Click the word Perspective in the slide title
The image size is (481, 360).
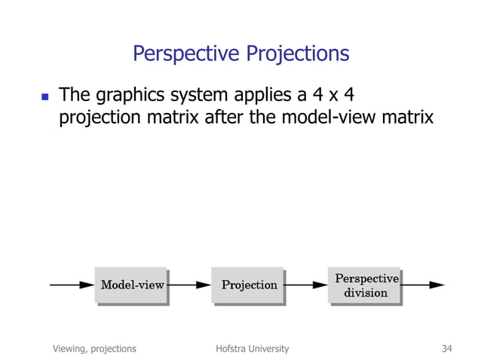coord(181,54)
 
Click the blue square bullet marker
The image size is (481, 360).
coord(43,96)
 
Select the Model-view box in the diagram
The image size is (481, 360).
coord(131,285)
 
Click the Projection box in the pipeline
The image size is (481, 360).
coord(248,285)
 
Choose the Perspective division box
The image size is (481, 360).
coord(365,285)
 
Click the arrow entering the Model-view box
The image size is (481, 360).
coord(72,285)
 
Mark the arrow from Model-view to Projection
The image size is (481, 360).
coord(189,285)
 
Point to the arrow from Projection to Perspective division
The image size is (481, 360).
coord(306,285)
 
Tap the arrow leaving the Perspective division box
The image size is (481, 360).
coord(423,285)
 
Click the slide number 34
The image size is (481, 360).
coord(446,349)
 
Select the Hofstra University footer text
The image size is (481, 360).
coord(252,349)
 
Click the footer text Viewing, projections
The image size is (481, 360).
coord(94,349)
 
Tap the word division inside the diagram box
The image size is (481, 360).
coord(366,293)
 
